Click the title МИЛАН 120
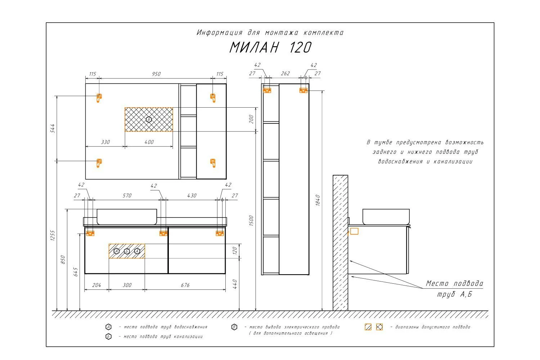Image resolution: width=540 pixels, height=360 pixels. pos(270,47)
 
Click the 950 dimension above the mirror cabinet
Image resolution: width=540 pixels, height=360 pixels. pos(156,74)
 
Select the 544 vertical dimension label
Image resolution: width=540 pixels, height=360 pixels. pos(52,128)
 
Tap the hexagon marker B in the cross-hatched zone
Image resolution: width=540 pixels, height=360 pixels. pos(149,120)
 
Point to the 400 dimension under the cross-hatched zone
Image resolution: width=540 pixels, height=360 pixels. pos(149,142)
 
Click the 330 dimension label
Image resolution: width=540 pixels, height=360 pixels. pos(105,142)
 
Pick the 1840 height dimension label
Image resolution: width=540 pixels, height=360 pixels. pos(318,201)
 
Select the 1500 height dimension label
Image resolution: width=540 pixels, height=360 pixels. pos(251,221)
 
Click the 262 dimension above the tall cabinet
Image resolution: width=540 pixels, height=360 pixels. pos(285,73)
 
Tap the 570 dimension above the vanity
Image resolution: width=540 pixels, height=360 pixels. pos(127,195)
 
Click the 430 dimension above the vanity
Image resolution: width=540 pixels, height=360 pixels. pos(192,195)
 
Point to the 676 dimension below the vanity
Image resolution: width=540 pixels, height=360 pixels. pos(185,285)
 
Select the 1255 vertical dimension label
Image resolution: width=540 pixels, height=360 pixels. pos(53,235)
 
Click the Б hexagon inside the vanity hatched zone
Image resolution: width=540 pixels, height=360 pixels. pos(127,251)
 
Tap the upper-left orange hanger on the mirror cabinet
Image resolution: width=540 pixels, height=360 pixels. pos(99,98)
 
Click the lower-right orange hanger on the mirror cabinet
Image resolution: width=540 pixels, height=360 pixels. pos(213,163)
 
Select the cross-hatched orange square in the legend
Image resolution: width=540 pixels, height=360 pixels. pos(379,327)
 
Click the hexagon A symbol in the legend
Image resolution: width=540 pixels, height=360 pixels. pos(108,327)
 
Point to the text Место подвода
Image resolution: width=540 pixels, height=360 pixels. pos(454,283)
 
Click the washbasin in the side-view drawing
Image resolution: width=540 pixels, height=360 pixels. pos(386,216)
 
